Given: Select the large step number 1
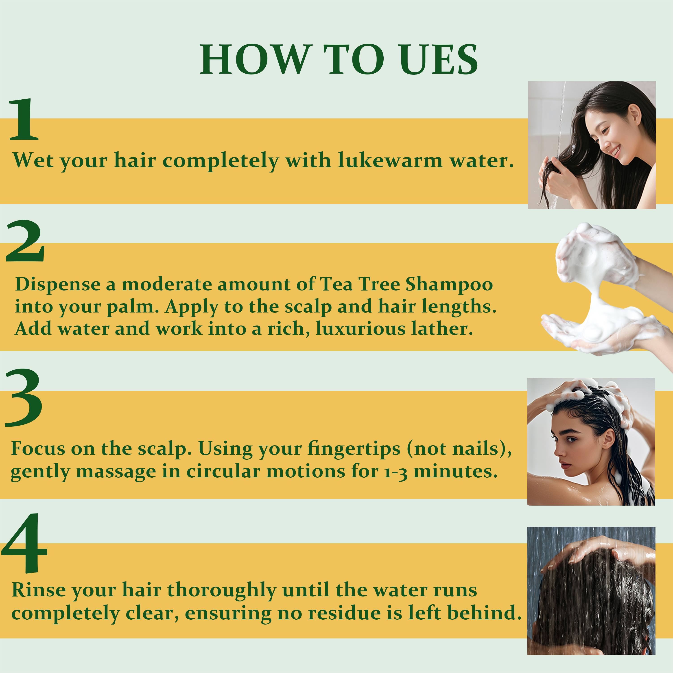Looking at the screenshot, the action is pyautogui.click(x=24, y=120).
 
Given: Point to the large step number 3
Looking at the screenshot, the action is pyautogui.click(x=24, y=398).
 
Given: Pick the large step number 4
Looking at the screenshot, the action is pyautogui.click(x=24, y=543).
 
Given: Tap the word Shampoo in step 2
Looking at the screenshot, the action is pyautogui.click(x=449, y=284).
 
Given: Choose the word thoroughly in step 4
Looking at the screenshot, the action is pyautogui.click(x=222, y=591).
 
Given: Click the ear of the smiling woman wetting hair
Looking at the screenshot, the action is pyautogui.click(x=635, y=114).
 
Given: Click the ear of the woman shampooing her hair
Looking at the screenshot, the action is pyautogui.click(x=609, y=440).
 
